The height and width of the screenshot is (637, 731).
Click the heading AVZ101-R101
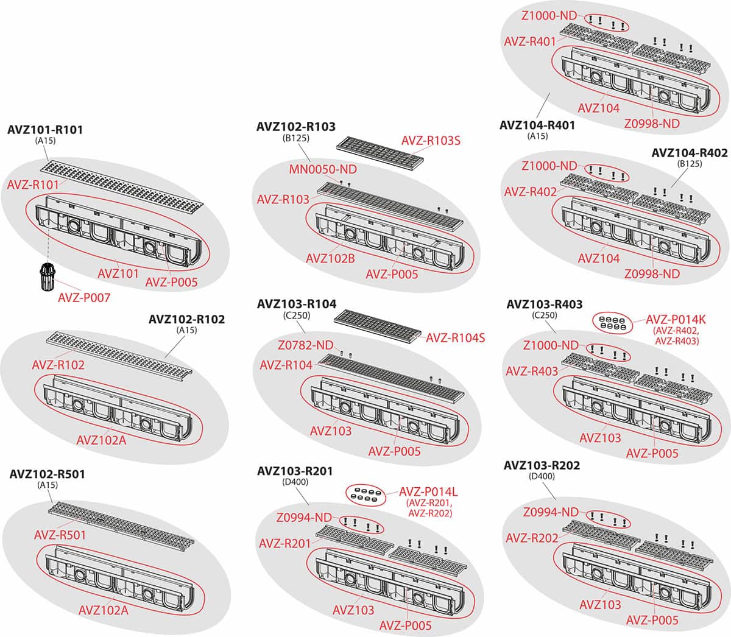(x=45, y=130)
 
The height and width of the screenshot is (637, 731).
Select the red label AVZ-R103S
(x=431, y=141)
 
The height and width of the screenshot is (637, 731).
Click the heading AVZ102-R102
(x=186, y=319)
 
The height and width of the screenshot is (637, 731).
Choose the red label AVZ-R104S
(x=455, y=337)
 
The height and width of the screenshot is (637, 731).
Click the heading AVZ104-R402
(x=690, y=153)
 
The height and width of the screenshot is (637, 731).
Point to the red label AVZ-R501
(x=60, y=535)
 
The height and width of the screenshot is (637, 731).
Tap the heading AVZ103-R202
(x=542, y=465)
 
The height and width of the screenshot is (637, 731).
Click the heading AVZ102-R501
(x=47, y=474)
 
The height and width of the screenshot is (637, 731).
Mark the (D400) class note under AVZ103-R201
(x=296, y=482)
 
